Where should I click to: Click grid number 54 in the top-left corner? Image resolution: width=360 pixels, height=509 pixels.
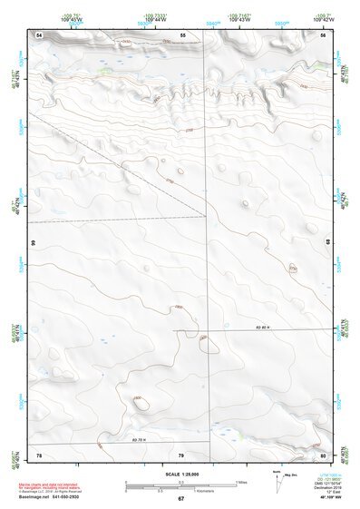pyautogui.click(x=39, y=34)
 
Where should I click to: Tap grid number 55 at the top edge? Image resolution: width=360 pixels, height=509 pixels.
pyautogui.click(x=182, y=34)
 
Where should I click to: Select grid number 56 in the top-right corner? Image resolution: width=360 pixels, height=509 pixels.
pyautogui.click(x=322, y=34)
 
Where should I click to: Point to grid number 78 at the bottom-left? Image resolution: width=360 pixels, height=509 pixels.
pyautogui.click(x=39, y=454)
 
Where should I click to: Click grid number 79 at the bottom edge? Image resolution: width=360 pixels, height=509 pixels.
pyautogui.click(x=180, y=454)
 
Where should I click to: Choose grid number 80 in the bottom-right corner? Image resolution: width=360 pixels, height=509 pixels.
pyautogui.click(x=322, y=454)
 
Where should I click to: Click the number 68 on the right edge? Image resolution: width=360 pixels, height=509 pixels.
pyautogui.click(x=328, y=243)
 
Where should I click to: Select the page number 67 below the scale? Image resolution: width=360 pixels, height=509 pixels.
pyautogui.click(x=180, y=498)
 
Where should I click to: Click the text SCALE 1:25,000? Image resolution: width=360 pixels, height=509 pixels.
pyautogui.click(x=180, y=474)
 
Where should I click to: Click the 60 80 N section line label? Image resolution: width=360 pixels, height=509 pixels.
pyautogui.click(x=264, y=324)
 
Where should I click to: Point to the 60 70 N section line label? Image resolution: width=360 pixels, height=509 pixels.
pyautogui.click(x=139, y=439)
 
